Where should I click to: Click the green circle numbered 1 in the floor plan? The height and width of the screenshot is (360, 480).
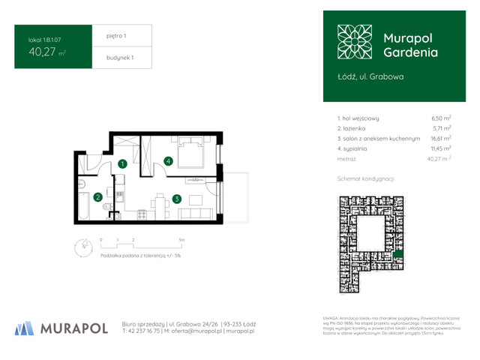(121, 163)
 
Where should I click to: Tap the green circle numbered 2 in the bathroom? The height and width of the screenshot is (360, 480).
(97, 197)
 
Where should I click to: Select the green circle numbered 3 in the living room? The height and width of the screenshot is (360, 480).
(175, 199)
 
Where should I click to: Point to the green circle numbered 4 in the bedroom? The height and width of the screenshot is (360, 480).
(169, 160)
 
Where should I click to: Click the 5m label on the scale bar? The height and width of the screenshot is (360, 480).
(181, 238)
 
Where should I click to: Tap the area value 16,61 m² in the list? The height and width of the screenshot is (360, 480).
(440, 139)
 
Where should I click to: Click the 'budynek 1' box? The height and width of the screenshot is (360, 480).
(120, 58)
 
